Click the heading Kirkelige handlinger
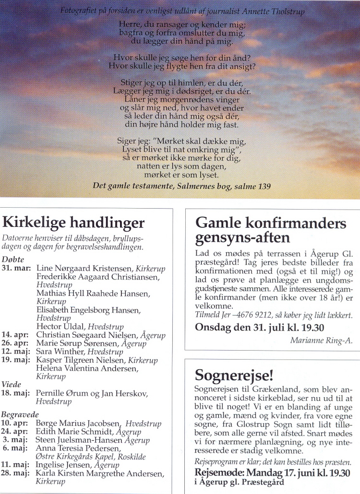[73, 223]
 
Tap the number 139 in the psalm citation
[264, 186]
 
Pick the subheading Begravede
[20, 415]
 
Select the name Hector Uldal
[57, 327]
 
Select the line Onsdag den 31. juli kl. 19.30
[259, 328]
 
